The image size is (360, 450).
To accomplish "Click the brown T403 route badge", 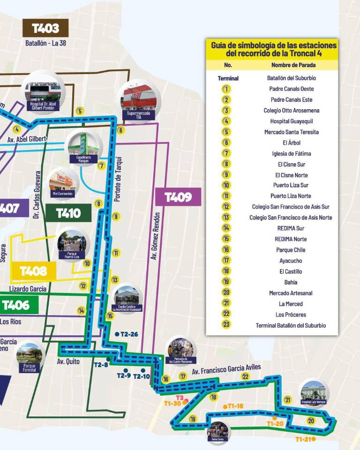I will [45, 28].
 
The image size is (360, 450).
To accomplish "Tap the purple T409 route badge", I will [178, 197].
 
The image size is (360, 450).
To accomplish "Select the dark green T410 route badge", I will [68, 213].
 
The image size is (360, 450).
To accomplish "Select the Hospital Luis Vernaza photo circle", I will [313, 393].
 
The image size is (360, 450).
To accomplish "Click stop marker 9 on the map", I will [116, 217].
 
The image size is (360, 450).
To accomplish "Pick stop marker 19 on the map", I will [192, 419].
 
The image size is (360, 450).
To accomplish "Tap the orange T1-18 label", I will [235, 406].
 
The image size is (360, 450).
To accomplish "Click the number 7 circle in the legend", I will [226, 153].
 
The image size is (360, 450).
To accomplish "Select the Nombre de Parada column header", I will [293, 65].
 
